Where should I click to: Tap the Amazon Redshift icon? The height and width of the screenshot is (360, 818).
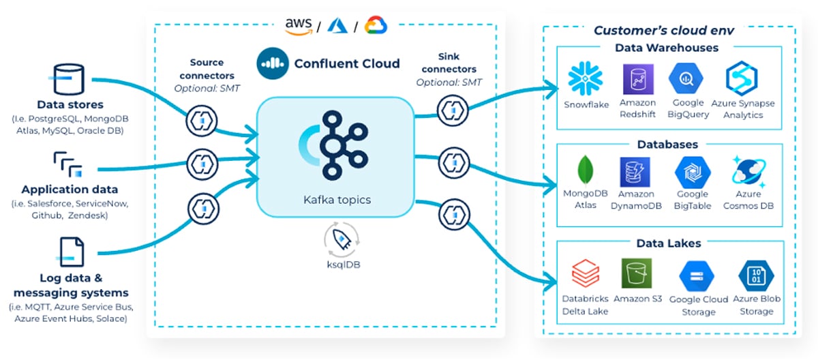tap(638, 79)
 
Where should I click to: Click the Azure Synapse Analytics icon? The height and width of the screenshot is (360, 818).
tap(742, 79)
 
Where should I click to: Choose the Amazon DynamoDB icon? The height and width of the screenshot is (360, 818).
tap(635, 172)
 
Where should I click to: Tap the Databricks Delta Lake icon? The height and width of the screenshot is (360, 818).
tap(586, 274)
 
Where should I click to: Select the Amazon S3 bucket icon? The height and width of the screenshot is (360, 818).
tap(637, 273)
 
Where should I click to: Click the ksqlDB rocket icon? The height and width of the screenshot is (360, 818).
tap(342, 240)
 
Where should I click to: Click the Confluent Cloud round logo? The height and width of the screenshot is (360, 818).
tap(273, 64)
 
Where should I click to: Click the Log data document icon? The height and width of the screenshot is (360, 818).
tap(70, 252)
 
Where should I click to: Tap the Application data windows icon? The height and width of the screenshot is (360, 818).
tap(68, 166)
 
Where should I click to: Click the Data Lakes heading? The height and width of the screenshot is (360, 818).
tap(668, 243)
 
